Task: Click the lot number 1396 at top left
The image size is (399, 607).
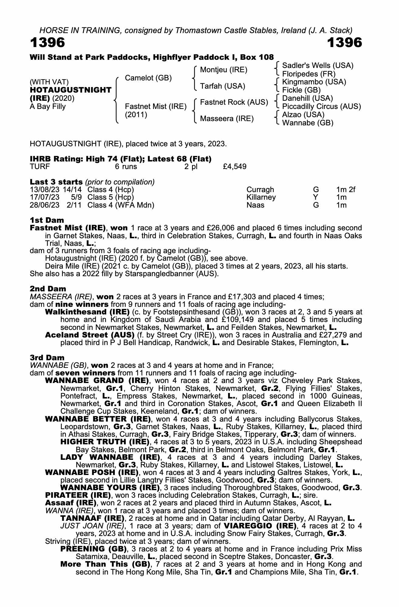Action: point(47,43)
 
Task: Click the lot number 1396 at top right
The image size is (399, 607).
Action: point(344,43)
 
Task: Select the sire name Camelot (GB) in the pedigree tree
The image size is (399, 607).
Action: point(148,78)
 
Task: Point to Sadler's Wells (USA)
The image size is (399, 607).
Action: point(318,66)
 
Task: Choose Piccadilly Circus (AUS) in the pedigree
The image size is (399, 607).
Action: point(321,107)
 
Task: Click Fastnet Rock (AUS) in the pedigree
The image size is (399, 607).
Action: point(234,102)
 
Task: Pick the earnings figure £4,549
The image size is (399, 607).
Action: point(234,167)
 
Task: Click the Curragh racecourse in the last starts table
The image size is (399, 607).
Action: point(260,190)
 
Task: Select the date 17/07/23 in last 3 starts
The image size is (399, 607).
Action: point(44,197)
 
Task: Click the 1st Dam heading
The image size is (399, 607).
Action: point(47,220)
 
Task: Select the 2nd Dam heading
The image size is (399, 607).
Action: point(48,289)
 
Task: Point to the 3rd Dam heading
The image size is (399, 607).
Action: point(47,358)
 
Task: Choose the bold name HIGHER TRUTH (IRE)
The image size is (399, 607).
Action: point(105,442)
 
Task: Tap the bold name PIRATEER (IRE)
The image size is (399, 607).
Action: point(77,495)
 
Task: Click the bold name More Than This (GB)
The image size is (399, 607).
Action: point(105,564)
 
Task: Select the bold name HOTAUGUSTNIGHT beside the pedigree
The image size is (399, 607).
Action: point(70,90)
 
